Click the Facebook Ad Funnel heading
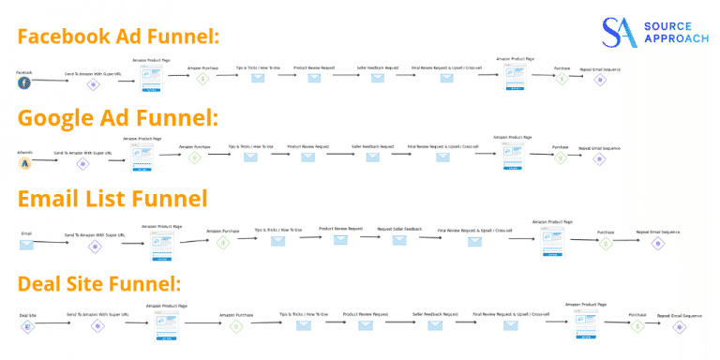(118, 37)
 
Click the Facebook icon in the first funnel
(24, 82)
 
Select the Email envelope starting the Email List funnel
(26, 245)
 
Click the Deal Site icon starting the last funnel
(27, 327)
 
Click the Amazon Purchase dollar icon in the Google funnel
(195, 157)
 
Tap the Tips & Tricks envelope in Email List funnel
(278, 241)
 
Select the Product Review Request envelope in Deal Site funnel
(365, 325)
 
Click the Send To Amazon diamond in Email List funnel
(94, 246)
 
